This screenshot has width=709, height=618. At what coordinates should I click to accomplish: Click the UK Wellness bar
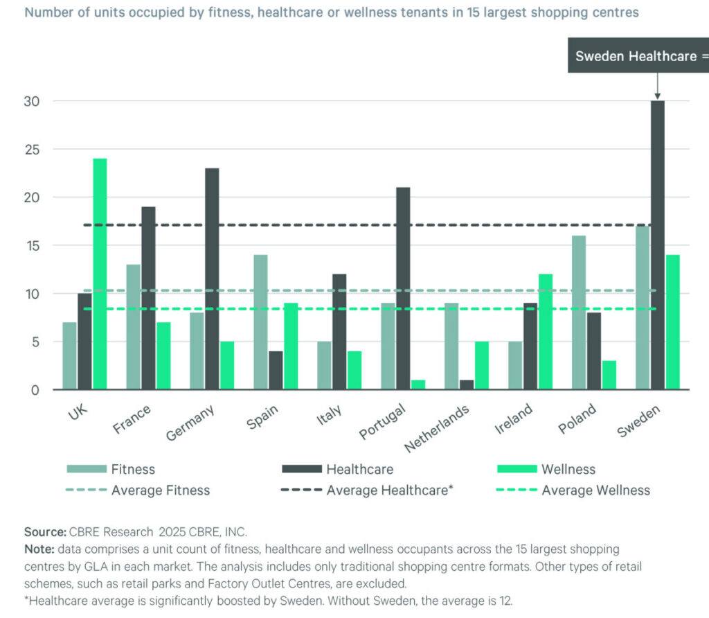(100, 274)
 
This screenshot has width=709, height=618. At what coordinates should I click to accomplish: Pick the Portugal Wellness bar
(418, 385)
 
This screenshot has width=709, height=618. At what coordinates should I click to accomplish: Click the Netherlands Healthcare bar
(466, 385)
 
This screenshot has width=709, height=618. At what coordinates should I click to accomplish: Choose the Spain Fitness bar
(260, 322)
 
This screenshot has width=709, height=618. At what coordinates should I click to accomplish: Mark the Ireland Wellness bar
(545, 332)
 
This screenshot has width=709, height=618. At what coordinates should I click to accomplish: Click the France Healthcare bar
(148, 298)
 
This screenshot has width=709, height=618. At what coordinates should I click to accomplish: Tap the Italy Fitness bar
(324, 365)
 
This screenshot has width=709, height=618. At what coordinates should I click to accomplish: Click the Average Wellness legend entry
(574, 490)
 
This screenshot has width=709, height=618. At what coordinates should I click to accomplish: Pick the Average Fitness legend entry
(138, 490)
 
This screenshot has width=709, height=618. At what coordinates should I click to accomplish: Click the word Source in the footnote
(44, 532)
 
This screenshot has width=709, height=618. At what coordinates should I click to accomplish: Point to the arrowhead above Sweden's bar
(657, 96)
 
